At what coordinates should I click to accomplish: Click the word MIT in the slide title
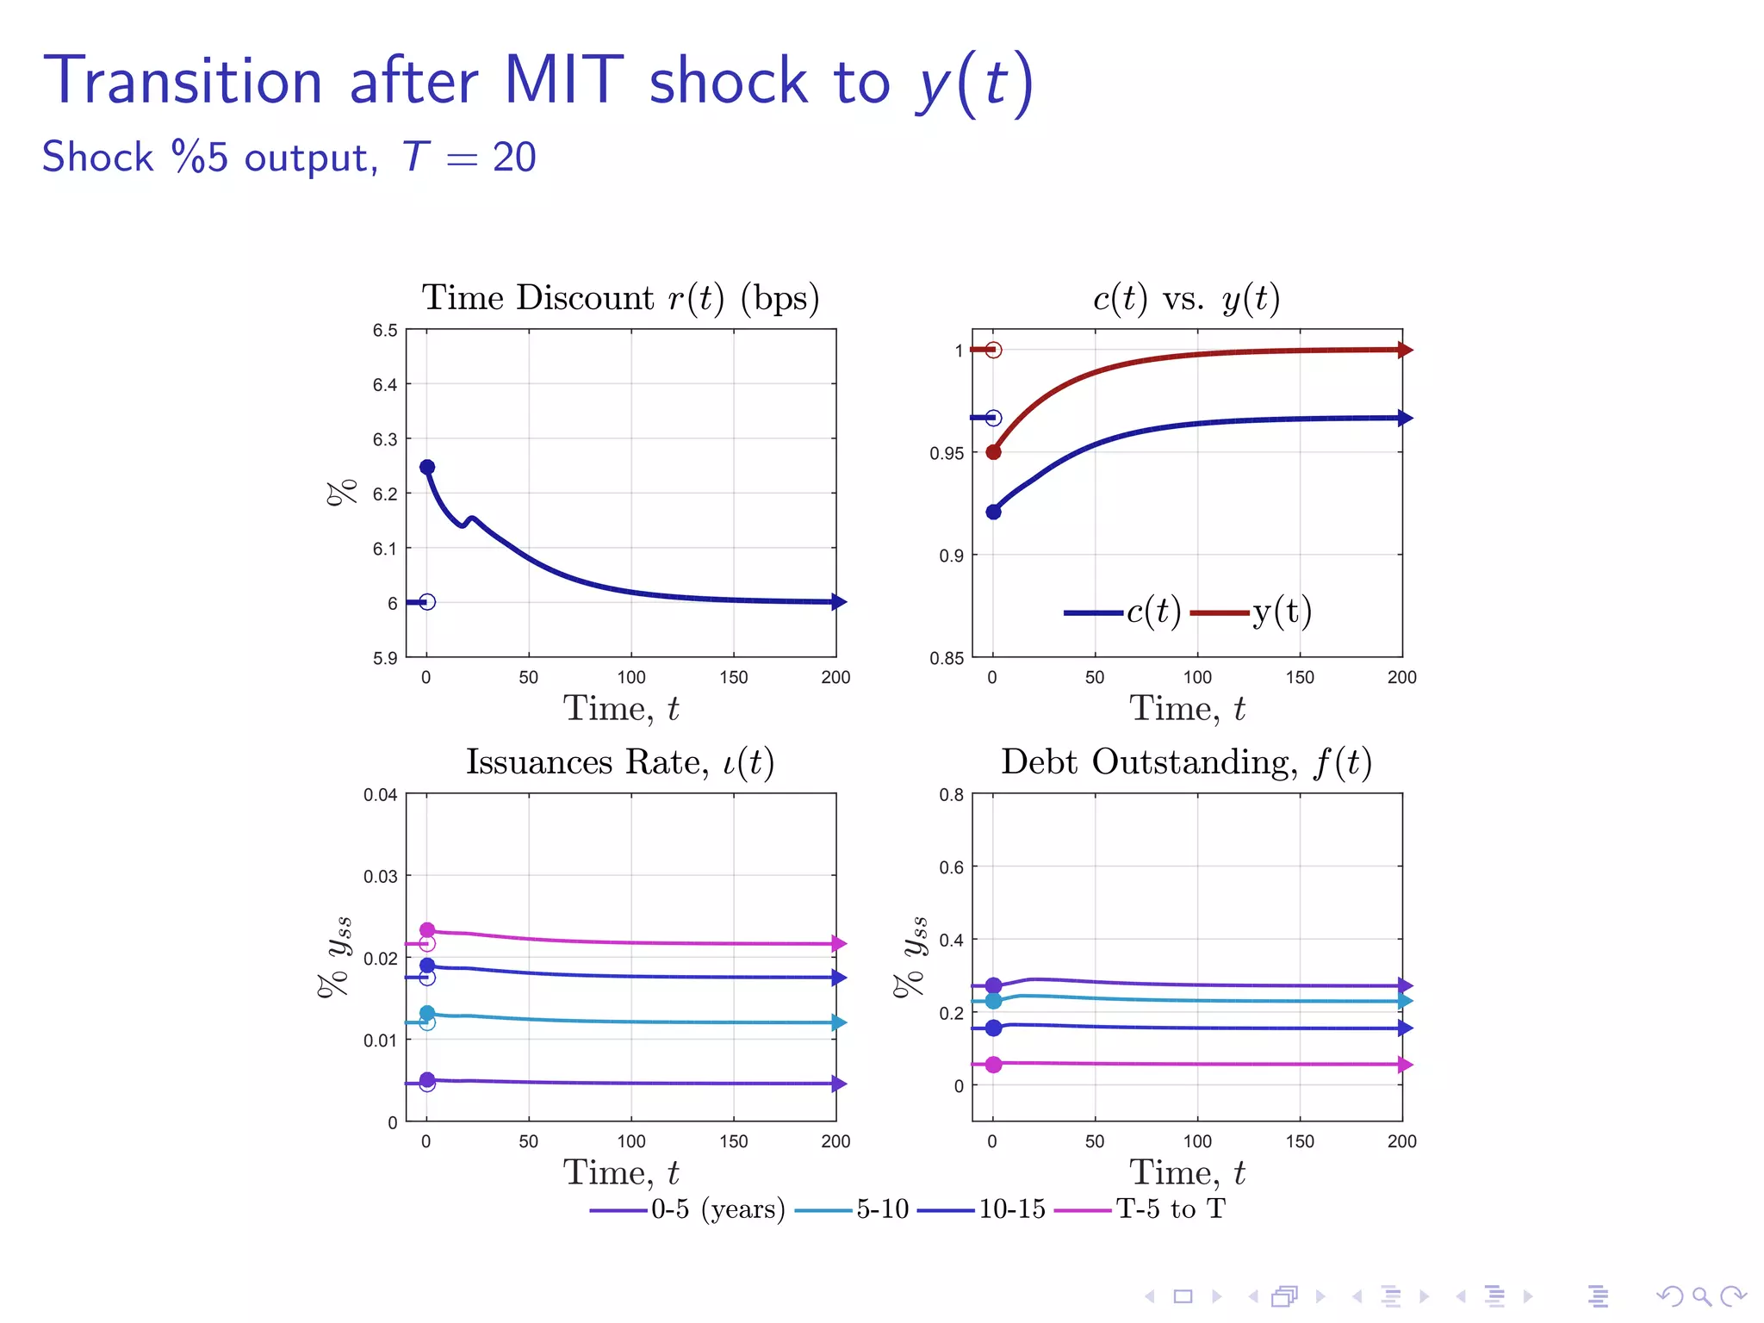tap(563, 81)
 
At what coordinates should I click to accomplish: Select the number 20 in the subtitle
tap(514, 158)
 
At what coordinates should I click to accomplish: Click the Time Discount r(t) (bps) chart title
tap(620, 298)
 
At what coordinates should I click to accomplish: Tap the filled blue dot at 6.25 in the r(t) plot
tap(427, 467)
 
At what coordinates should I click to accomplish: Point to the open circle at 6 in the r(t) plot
tap(427, 602)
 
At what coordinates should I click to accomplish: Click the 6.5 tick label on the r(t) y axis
tap(385, 331)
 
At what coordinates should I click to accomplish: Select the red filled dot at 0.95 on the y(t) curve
tap(993, 452)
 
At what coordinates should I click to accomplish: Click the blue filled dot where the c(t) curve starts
tap(993, 512)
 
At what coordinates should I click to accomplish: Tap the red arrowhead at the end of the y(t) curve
tap(1405, 350)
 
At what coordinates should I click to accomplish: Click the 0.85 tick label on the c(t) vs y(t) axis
tap(947, 658)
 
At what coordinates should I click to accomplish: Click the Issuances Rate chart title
tap(620, 762)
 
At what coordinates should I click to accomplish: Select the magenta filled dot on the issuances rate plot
tap(427, 930)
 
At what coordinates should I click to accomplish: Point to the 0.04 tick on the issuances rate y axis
tap(380, 794)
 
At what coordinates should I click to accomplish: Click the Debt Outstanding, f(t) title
tap(1186, 762)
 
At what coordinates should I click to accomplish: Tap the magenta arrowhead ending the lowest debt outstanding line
tap(1405, 1065)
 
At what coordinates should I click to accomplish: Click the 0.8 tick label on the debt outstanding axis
tap(951, 794)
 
